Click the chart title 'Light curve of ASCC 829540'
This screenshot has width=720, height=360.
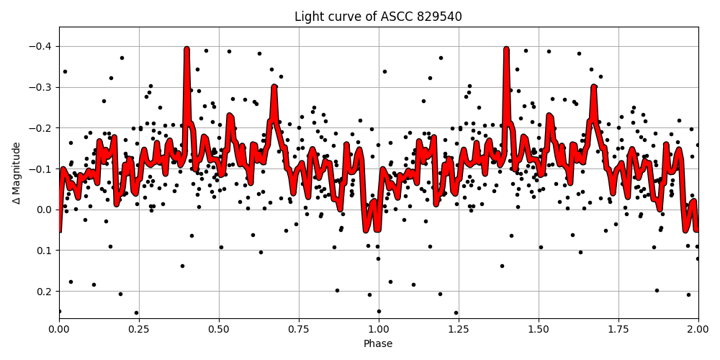[378, 17]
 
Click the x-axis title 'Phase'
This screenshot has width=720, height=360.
[378, 344]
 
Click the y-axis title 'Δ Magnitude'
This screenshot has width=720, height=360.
[17, 173]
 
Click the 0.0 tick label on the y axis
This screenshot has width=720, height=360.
[45, 210]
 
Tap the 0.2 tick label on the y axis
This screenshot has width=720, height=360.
[45, 292]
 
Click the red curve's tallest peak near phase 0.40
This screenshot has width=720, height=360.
[186, 50]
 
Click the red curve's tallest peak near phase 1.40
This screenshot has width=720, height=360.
[506, 50]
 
